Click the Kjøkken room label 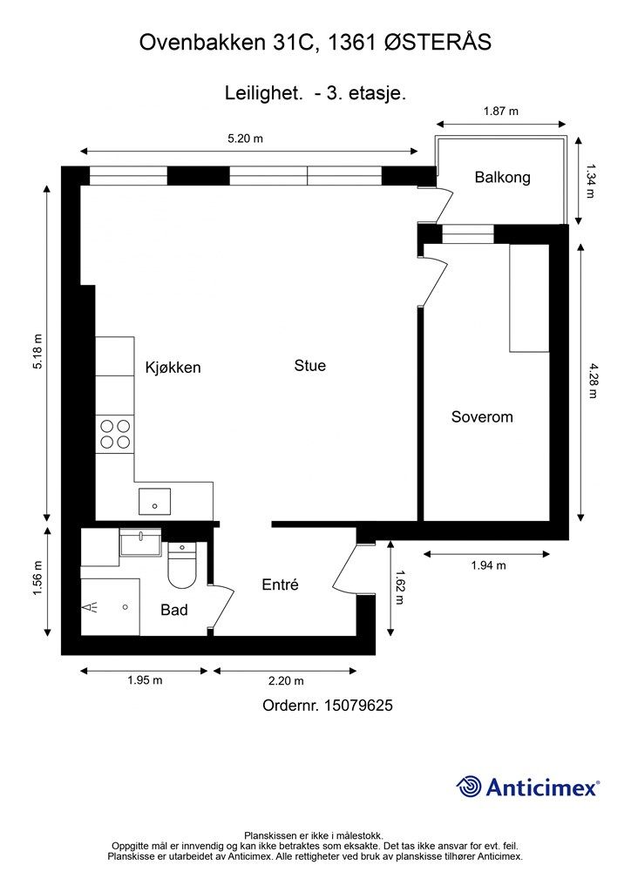point(173,368)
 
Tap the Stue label point(309,366)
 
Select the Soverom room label point(481,417)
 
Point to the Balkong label point(502,178)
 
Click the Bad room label point(174,610)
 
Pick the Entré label point(280,585)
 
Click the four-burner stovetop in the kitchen point(115,434)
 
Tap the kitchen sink point(154,503)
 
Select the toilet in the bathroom point(183,567)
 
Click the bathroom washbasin point(139,544)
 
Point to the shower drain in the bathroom point(126,607)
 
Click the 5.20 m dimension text point(245,138)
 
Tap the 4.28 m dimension point(592,380)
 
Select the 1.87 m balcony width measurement point(500,111)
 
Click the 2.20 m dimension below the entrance point(285,681)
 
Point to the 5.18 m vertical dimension point(37,352)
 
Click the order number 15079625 point(359,706)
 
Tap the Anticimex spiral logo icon point(470,787)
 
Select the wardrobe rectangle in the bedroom point(529,298)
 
